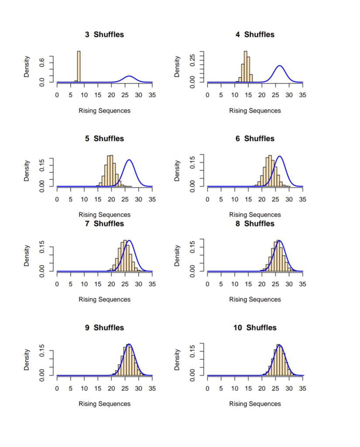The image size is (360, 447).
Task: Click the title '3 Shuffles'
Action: pyautogui.click(x=104, y=34)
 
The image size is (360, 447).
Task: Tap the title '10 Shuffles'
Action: pyautogui.click(x=255, y=328)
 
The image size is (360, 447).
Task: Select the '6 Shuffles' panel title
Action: pyautogui.click(x=255, y=138)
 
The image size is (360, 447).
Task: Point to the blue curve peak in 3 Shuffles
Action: pyautogui.click(x=129, y=76)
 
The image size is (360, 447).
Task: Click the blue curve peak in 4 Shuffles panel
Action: pyautogui.click(x=279, y=66)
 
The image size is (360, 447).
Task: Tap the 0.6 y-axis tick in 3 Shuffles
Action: pyautogui.click(x=41, y=63)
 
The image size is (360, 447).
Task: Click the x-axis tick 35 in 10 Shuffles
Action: pyautogui.click(x=303, y=389)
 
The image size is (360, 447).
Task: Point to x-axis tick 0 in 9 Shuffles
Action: pyautogui.click(x=57, y=389)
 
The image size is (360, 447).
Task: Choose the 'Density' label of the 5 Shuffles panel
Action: pyautogui.click(x=27, y=171)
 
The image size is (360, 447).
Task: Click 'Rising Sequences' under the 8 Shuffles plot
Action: pyautogui.click(x=255, y=299)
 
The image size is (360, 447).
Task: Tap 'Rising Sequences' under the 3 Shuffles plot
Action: pyautogui.click(x=104, y=110)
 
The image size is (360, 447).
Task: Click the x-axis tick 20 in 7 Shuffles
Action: pyautogui.click(x=111, y=284)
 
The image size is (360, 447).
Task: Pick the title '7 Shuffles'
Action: pyautogui.click(x=104, y=223)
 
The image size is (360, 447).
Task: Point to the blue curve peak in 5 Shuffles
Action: pyautogui.click(x=129, y=160)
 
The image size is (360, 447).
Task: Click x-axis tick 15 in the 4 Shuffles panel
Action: pyautogui.click(x=248, y=95)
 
